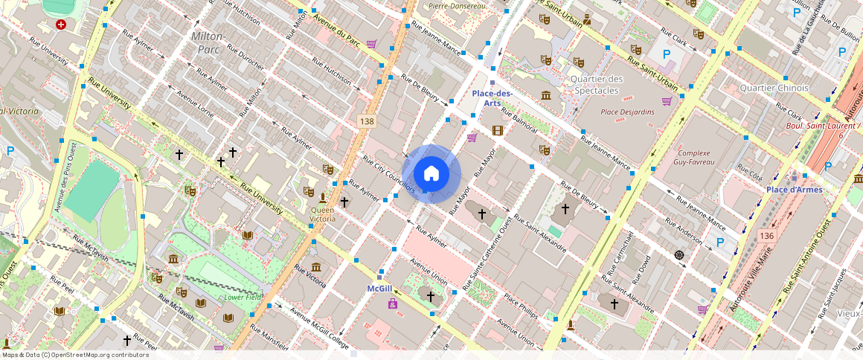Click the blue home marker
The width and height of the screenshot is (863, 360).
pyautogui.click(x=431, y=174)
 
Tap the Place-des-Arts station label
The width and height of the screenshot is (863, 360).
pyautogui.click(x=492, y=98)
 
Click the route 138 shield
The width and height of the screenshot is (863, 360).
pyautogui.click(x=365, y=120)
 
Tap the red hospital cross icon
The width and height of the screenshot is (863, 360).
pyautogui.click(x=61, y=25)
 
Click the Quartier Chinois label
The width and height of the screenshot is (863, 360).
pyautogui.click(x=774, y=88)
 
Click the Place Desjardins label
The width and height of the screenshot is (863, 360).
pyautogui.click(x=627, y=112)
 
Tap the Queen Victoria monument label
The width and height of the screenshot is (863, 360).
pyautogui.click(x=322, y=214)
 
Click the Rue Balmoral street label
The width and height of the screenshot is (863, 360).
pyautogui.click(x=519, y=120)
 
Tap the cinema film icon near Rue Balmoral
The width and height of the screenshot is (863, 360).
pyautogui.click(x=497, y=131)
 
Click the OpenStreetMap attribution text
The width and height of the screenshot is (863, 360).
pyautogui.click(x=74, y=355)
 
